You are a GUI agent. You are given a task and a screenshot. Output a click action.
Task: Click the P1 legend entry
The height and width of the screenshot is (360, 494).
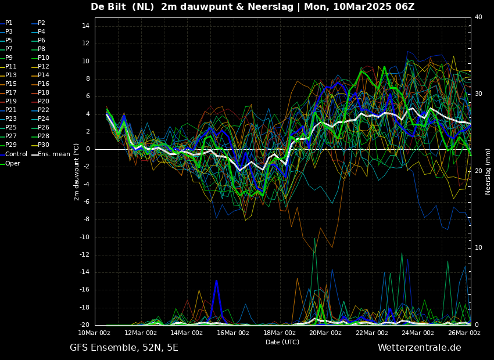(6, 23)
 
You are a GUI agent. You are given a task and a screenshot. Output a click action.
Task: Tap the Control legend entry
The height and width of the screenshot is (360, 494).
(14, 154)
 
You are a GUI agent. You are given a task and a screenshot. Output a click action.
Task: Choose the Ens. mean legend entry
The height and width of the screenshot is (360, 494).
(51, 154)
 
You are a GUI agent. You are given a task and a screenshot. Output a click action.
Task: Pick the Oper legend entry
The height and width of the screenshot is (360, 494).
(10, 163)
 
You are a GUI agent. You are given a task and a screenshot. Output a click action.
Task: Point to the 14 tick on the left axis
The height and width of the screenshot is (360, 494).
(85, 26)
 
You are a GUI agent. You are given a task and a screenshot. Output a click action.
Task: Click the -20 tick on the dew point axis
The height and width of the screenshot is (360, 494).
(84, 325)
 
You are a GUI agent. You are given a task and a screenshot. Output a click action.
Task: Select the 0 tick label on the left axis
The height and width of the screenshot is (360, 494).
(88, 149)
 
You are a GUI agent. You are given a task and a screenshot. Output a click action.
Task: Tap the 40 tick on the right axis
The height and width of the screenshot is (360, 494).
(478, 17)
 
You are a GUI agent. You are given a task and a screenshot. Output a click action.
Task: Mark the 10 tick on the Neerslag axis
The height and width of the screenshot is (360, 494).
(478, 248)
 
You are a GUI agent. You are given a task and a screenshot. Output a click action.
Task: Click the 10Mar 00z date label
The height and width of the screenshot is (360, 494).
(95, 333)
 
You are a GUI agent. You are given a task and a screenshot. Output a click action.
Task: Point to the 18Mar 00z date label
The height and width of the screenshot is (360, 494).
(280, 333)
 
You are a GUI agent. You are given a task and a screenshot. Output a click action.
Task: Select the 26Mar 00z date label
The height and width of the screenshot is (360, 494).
(464, 333)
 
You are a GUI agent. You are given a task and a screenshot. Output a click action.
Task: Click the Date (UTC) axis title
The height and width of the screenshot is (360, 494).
(282, 342)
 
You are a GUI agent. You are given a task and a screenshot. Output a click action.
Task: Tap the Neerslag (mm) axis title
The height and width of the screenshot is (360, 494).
(488, 171)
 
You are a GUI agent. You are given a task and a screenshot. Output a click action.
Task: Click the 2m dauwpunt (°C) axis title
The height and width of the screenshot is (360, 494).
(77, 172)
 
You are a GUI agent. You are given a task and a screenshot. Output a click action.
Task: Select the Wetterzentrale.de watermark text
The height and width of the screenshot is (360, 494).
(420, 348)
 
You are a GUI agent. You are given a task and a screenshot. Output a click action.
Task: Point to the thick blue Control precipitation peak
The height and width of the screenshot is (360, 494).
(216, 280)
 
